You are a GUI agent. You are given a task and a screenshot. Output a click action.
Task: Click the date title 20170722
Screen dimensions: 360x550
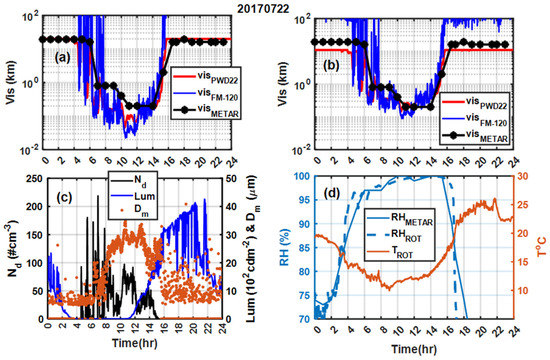(275, 7)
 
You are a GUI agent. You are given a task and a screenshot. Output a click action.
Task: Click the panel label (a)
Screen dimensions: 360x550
(61, 57)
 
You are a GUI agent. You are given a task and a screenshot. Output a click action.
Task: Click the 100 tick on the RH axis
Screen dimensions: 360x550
(302, 176)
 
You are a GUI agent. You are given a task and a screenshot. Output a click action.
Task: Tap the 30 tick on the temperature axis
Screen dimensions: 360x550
(522, 176)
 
